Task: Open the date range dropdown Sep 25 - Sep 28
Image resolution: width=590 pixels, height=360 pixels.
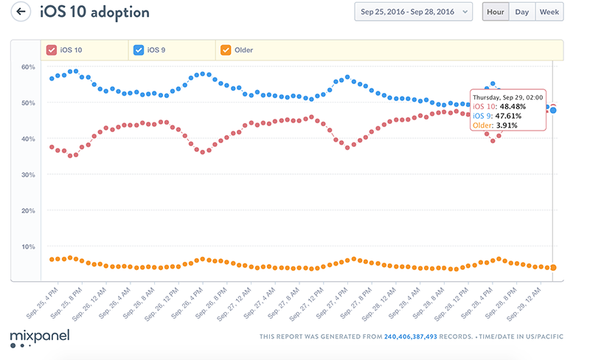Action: tap(413, 12)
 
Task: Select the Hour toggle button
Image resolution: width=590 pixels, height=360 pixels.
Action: tap(495, 12)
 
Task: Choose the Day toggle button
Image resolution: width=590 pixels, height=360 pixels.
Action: tap(521, 12)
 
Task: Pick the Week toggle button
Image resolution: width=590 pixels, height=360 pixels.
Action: tap(549, 12)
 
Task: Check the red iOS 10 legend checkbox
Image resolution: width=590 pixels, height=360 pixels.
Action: tap(52, 50)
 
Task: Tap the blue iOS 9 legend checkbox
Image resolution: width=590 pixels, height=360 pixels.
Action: tap(139, 50)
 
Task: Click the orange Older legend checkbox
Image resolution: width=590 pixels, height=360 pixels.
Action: tap(224, 50)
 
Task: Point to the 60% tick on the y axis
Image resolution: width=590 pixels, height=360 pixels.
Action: tap(28, 67)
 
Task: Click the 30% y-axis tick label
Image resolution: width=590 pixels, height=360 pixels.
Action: tap(28, 175)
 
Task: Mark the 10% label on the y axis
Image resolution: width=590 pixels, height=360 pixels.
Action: tap(28, 246)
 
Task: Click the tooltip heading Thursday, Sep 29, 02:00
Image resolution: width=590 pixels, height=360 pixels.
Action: tap(507, 97)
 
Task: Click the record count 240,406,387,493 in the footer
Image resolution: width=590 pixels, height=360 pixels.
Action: tap(411, 337)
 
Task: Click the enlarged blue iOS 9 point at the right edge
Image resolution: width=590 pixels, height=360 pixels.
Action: tap(553, 110)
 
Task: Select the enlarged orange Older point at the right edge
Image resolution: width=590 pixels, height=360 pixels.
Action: tap(553, 268)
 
